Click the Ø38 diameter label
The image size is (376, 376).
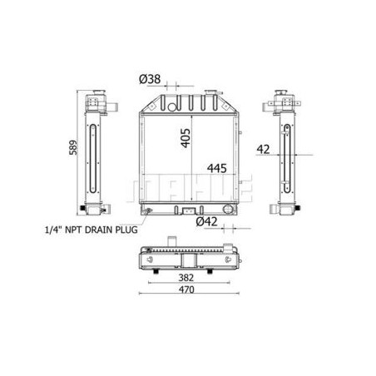click(x=151, y=79)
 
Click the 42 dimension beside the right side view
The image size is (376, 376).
click(x=265, y=150)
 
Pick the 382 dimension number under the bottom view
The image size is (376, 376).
click(x=186, y=276)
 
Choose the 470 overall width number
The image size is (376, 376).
click(x=186, y=291)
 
